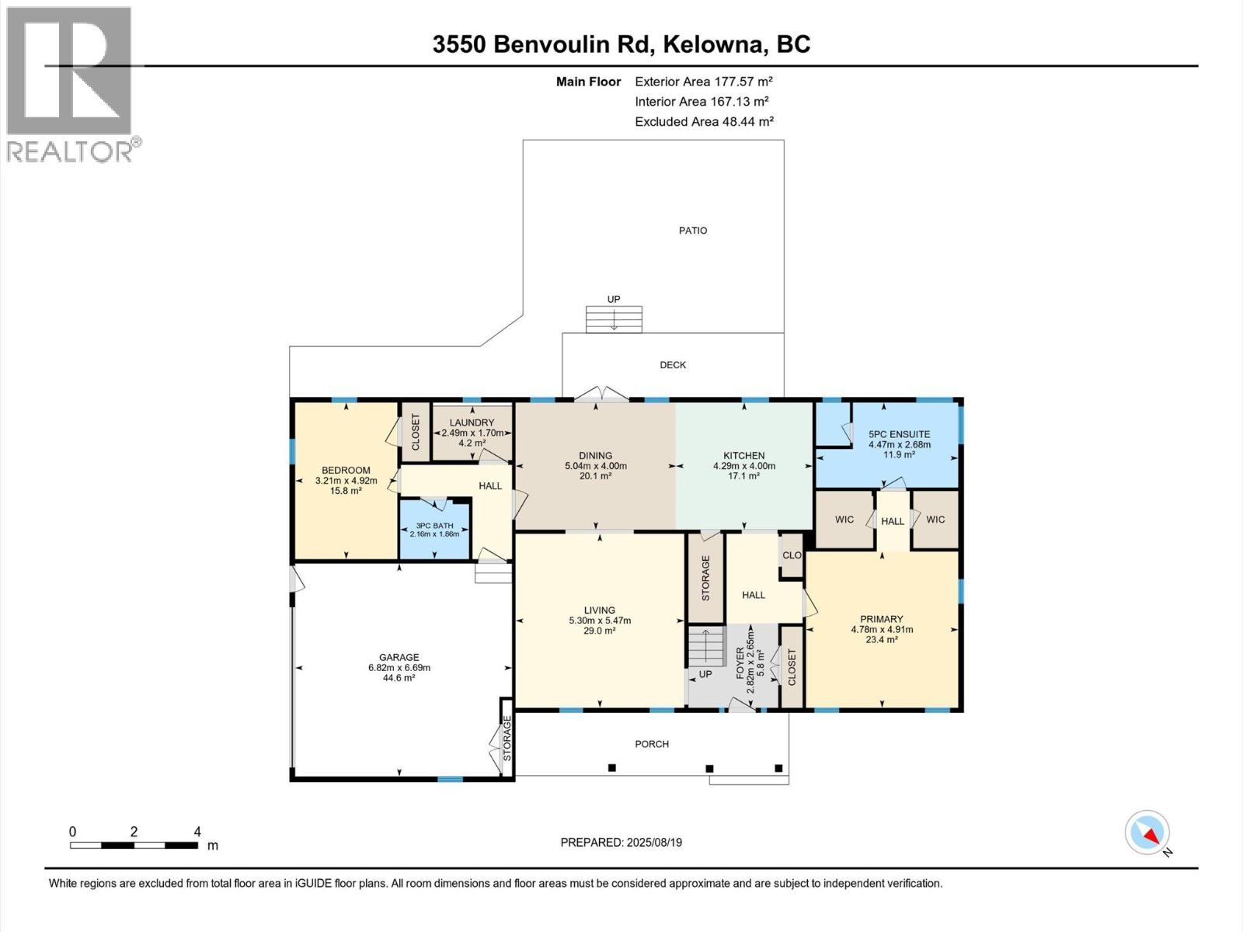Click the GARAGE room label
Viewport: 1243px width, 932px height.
tap(399, 657)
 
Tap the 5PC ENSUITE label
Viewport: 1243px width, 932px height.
tap(899, 434)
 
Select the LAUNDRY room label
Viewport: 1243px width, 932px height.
tap(472, 423)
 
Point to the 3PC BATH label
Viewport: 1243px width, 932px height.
tap(433, 526)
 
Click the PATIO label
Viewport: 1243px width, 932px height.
tap(693, 231)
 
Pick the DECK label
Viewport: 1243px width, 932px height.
tap(673, 365)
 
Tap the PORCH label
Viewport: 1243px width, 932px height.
tap(652, 744)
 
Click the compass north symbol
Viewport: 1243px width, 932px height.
tap(1147, 833)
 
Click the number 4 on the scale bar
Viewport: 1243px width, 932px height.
tap(197, 832)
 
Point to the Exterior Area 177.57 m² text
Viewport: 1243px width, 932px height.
tap(704, 82)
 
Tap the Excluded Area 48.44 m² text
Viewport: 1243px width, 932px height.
tap(704, 122)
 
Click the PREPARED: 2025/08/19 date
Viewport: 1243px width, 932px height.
tap(621, 843)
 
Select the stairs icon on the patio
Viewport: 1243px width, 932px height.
tap(614, 319)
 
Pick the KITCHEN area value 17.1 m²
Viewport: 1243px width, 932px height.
tap(744, 476)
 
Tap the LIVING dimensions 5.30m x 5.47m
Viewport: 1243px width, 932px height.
tap(600, 621)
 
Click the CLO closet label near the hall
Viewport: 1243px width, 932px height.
tap(792, 555)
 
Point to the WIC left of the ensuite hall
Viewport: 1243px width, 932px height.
tap(844, 520)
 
